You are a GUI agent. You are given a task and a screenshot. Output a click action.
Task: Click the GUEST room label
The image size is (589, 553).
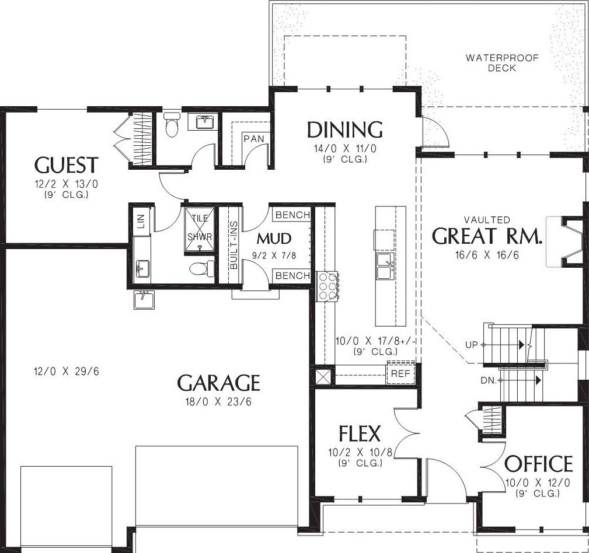pyautogui.click(x=67, y=165)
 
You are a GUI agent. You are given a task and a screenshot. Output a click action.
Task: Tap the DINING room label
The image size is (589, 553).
pyautogui.click(x=345, y=129)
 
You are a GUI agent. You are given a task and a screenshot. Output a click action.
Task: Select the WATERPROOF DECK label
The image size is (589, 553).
pyautogui.click(x=502, y=62)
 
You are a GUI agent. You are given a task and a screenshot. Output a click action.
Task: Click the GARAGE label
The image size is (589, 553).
pyautogui.click(x=218, y=383)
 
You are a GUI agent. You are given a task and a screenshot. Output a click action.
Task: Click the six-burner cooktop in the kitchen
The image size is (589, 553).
pyautogui.click(x=327, y=286)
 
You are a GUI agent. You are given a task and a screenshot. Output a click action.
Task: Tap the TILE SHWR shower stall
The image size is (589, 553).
pyautogui.click(x=200, y=230)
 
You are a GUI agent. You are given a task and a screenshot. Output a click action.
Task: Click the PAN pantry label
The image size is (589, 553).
pyautogui.click(x=254, y=139)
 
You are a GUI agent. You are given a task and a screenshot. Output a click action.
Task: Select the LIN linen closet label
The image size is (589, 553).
pyautogui.click(x=141, y=221)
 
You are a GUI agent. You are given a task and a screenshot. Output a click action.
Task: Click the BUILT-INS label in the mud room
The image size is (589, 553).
pyautogui.click(x=233, y=244)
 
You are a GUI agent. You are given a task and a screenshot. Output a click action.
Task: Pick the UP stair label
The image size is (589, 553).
pyautogui.click(x=472, y=345)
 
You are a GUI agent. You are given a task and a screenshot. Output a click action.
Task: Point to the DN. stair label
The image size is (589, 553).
pyautogui.click(x=489, y=381)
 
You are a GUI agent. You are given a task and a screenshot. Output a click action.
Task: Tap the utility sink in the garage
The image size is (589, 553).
pyautogui.click(x=144, y=300)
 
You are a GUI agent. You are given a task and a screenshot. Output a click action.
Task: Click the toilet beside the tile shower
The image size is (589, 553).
pyautogui.click(x=199, y=268)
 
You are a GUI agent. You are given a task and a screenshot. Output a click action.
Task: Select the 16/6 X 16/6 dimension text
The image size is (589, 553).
pyautogui.click(x=487, y=256)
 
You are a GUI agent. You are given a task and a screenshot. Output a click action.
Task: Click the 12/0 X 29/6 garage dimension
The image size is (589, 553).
pyautogui.click(x=67, y=372)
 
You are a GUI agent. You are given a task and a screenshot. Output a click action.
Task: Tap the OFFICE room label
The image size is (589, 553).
pyautogui.click(x=538, y=464)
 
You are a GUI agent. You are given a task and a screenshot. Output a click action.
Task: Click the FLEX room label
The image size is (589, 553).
pyautogui.click(x=360, y=433)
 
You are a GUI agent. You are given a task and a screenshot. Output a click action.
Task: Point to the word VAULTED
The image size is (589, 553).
pyautogui.click(x=487, y=219)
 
